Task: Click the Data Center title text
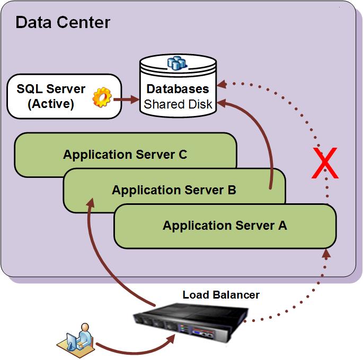63,22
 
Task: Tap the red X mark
324,164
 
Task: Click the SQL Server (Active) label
51,96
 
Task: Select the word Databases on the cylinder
178,89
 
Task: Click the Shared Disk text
178,104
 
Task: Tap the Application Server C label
125,155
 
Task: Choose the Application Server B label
174,190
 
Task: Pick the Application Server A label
225,226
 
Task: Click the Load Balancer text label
221,294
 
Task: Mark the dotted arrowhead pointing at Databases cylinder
223,83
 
